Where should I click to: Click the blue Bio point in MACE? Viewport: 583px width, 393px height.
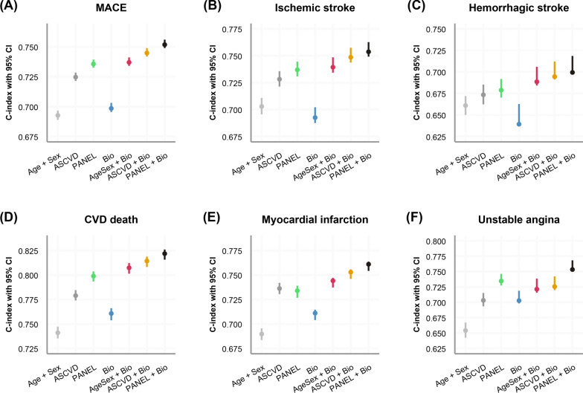click(112, 108)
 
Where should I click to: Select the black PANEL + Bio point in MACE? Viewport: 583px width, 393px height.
click(165, 45)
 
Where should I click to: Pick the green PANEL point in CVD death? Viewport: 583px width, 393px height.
click(94, 276)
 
